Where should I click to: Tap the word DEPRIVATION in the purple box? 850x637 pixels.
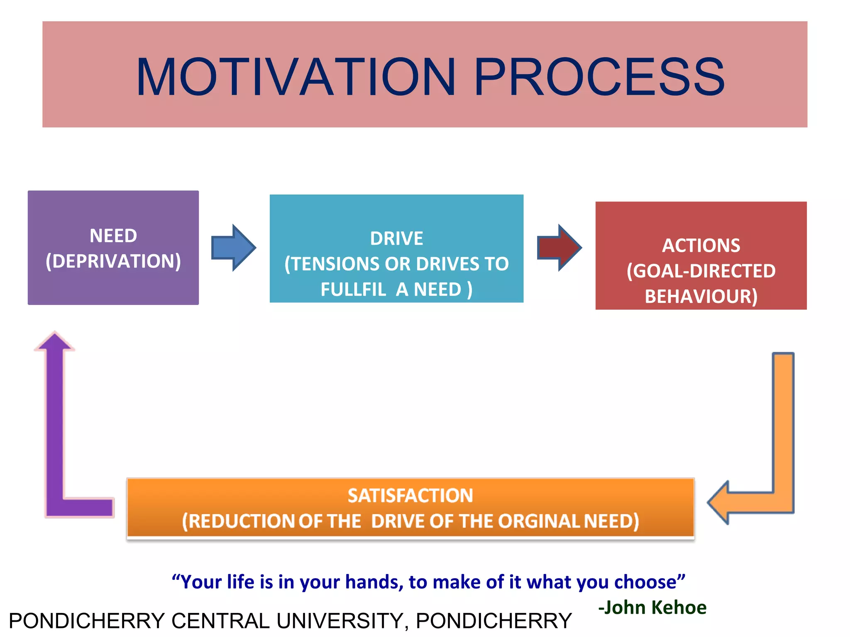[x=113, y=261]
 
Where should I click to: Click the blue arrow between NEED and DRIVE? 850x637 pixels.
[x=233, y=248]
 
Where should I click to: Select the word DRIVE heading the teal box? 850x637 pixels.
[x=396, y=238]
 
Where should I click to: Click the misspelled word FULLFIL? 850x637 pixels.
[x=353, y=289]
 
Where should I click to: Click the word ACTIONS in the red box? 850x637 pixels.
[x=701, y=246]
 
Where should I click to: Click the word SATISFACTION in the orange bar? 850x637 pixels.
[x=410, y=496]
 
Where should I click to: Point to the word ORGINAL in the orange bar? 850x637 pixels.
[x=538, y=521]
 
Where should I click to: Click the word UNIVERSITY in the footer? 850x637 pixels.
[x=340, y=621]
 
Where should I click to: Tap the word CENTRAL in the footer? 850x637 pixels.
[x=220, y=621]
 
